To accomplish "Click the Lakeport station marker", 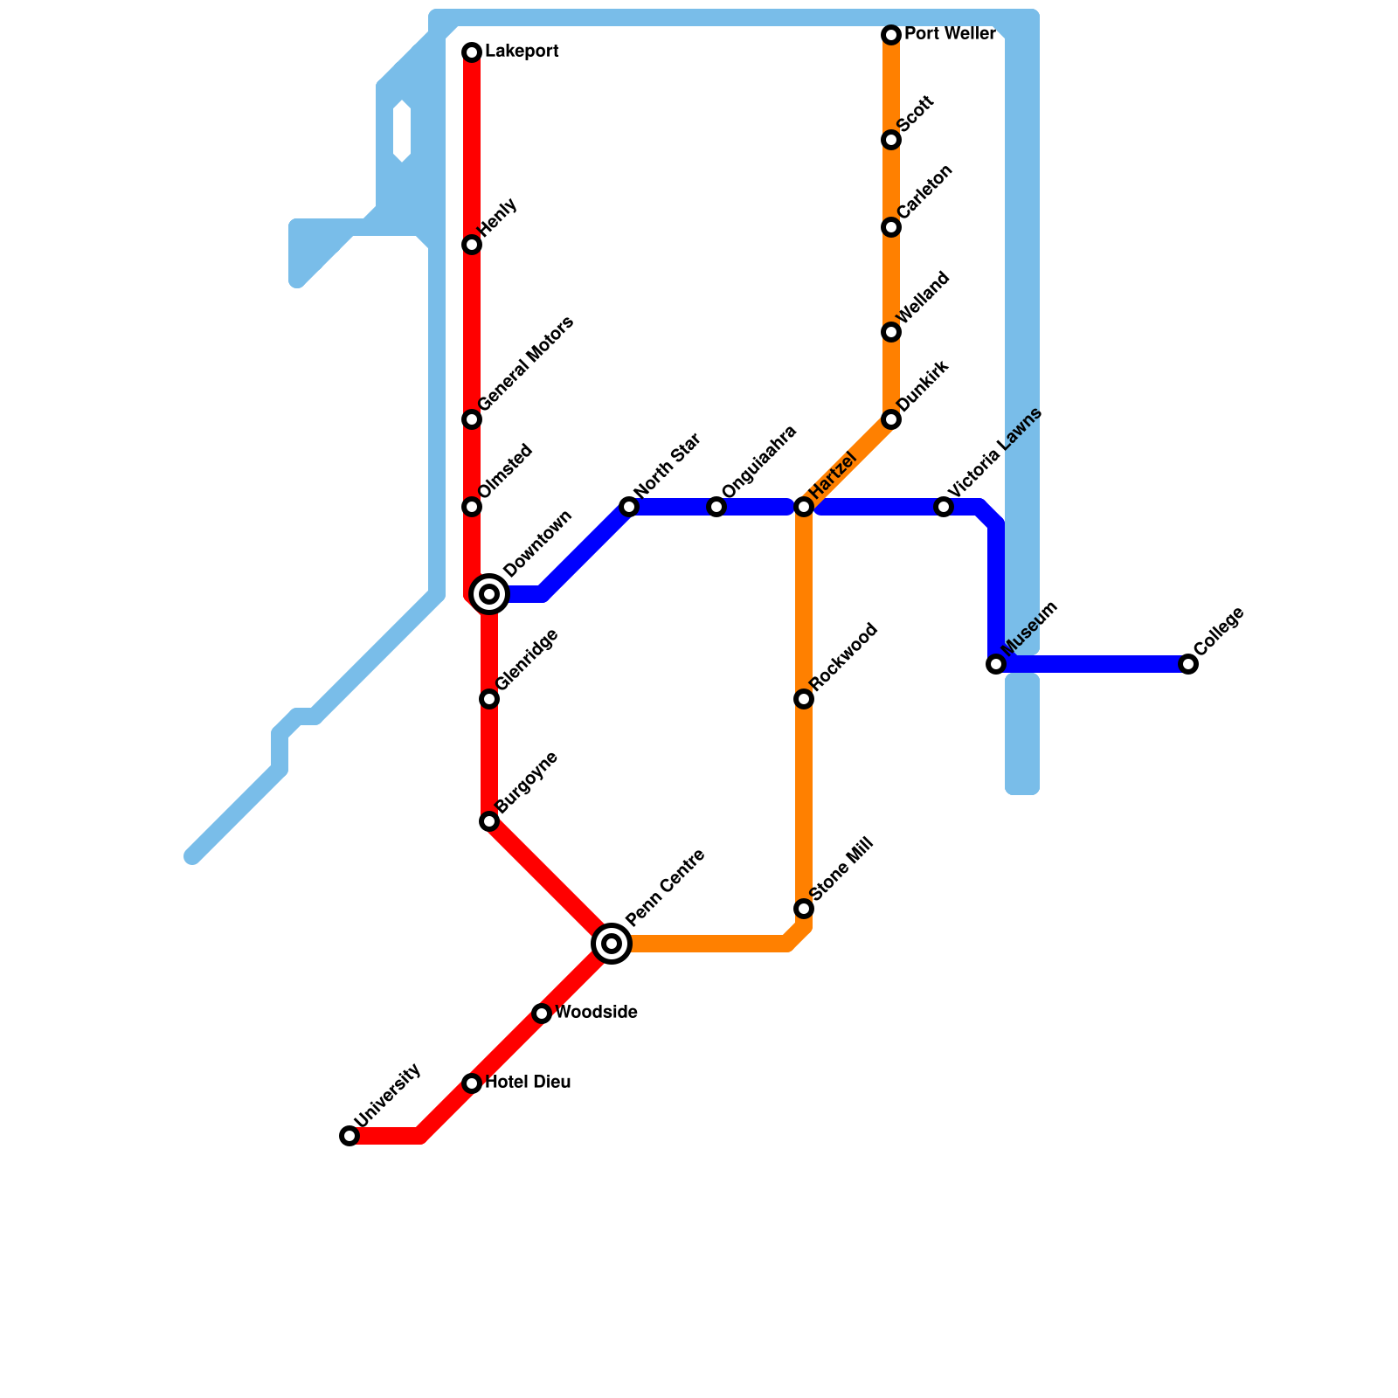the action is click(x=472, y=52).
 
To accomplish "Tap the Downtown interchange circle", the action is click(x=490, y=594).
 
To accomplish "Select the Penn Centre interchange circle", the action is click(x=612, y=944).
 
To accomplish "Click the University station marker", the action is click(x=349, y=1136).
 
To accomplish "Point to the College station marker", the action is click(x=1188, y=664).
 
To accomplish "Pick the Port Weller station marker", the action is click(x=891, y=35).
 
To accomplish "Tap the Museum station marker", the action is click(x=996, y=664).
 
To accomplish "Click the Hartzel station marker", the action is click(x=804, y=507).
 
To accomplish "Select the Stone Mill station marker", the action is click(x=804, y=909).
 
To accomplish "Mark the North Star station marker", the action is click(x=629, y=507).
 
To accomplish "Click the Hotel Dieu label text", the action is click(x=528, y=1083).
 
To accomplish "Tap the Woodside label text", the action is click(x=596, y=1013).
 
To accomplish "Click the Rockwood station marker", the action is click(x=804, y=699).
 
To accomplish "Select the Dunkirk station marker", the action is click(x=891, y=419).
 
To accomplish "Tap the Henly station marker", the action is click(x=472, y=245).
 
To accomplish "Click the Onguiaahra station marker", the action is click(x=716, y=507).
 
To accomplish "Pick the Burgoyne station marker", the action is click(x=489, y=821).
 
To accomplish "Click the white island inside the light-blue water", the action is click(x=402, y=132).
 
